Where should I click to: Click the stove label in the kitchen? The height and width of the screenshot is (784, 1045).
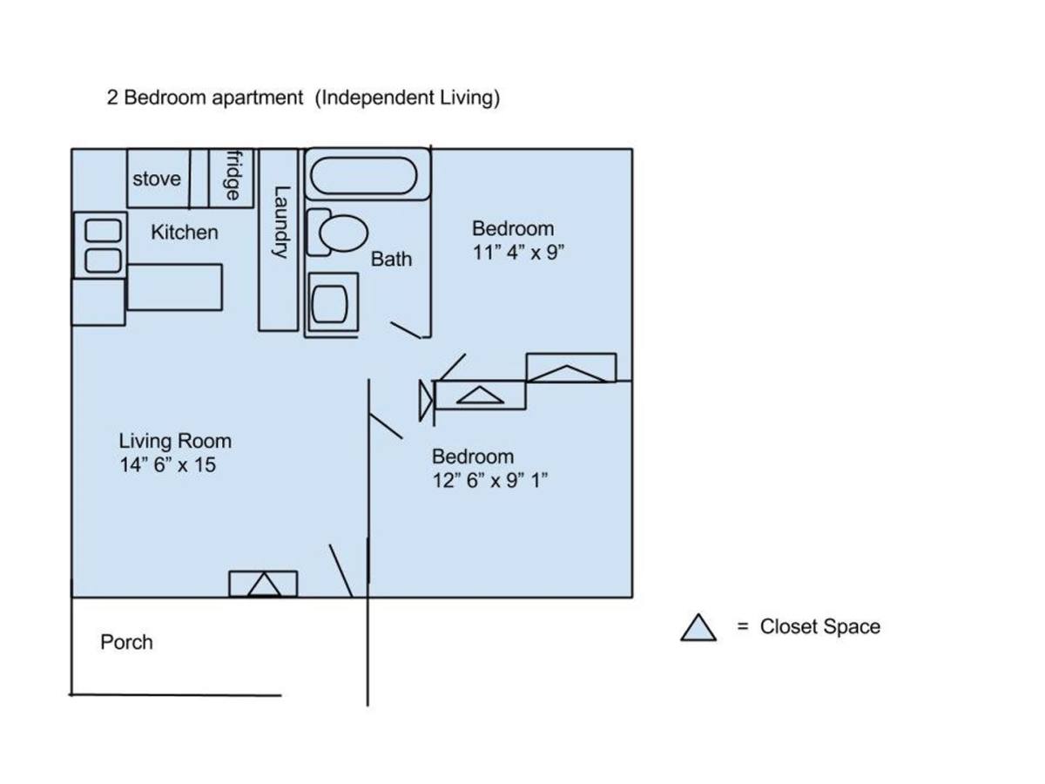point(157,179)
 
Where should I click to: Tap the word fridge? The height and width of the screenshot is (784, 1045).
point(233,175)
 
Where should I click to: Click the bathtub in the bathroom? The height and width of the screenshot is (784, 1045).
point(363,176)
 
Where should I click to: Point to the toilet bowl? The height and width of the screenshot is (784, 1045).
point(343,233)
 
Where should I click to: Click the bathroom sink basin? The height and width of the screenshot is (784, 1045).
point(329,304)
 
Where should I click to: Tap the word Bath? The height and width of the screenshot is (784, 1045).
point(391,259)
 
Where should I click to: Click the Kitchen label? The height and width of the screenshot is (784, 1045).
point(185,233)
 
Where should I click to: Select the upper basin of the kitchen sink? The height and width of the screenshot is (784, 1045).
point(103,230)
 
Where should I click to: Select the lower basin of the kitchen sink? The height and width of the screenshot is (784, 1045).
point(103,260)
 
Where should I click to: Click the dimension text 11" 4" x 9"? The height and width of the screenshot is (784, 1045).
point(518,253)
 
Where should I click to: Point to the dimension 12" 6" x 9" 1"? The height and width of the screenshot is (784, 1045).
point(490,480)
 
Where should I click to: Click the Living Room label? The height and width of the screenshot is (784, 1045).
point(175,441)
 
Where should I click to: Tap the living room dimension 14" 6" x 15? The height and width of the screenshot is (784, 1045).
point(167,464)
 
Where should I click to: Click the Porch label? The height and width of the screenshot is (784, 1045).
point(126,642)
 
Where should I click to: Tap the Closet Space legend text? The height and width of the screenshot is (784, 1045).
point(819,626)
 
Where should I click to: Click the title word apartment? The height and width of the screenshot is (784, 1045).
point(257,98)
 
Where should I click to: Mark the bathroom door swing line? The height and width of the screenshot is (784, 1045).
point(406,330)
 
